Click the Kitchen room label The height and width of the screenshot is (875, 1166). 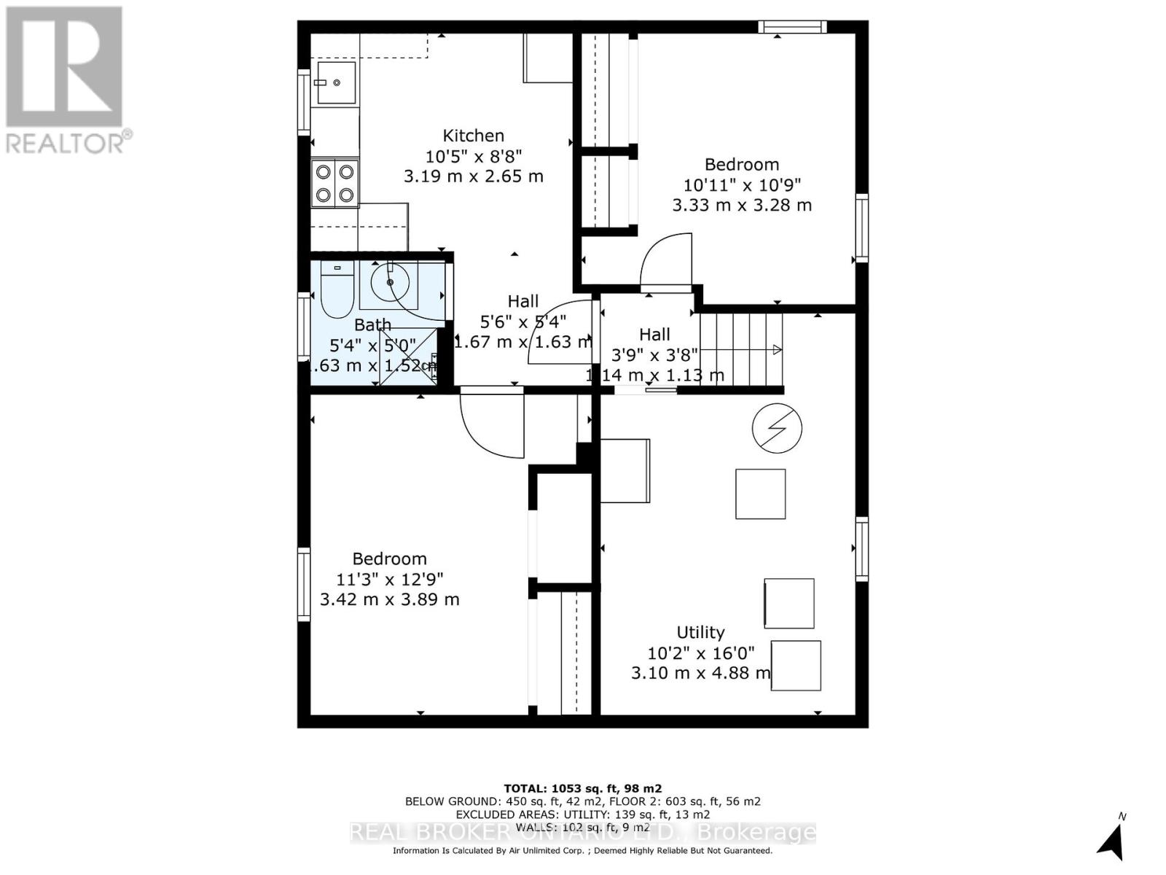tap(473, 136)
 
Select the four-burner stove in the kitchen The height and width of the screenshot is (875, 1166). tap(334, 183)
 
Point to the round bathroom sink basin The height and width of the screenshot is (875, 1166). tap(391, 281)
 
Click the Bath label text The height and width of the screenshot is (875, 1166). tap(372, 324)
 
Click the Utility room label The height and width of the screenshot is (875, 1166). tap(700, 632)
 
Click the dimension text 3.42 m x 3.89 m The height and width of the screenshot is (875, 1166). tap(390, 599)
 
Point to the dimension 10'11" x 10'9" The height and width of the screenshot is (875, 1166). tap(742, 185)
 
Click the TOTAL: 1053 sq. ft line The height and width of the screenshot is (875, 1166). tap(582, 788)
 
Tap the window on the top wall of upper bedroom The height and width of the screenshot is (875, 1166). tap(792, 27)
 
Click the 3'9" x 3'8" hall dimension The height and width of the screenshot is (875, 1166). tap(654, 355)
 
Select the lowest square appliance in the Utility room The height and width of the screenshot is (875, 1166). tap(796, 665)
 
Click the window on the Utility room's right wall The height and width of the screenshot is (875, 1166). tap(862, 548)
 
